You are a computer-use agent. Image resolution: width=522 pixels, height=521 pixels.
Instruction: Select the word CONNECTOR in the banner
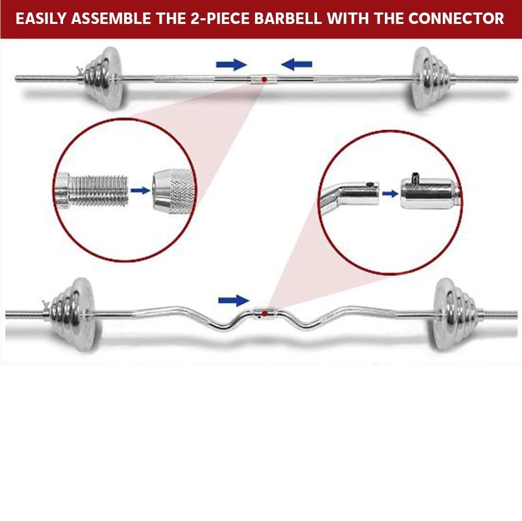click(x=456, y=19)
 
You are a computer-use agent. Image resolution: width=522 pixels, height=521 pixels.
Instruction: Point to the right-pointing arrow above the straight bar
click(x=231, y=65)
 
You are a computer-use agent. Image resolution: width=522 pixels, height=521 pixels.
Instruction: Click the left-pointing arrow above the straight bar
click(x=297, y=65)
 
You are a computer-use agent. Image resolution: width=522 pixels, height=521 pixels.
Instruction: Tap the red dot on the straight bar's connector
click(x=264, y=79)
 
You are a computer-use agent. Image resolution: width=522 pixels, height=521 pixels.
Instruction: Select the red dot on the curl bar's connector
click(x=264, y=313)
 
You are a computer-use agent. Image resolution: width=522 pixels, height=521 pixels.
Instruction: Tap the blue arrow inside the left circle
click(x=139, y=191)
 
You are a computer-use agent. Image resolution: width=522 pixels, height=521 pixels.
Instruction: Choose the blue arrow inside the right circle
click(x=390, y=193)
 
